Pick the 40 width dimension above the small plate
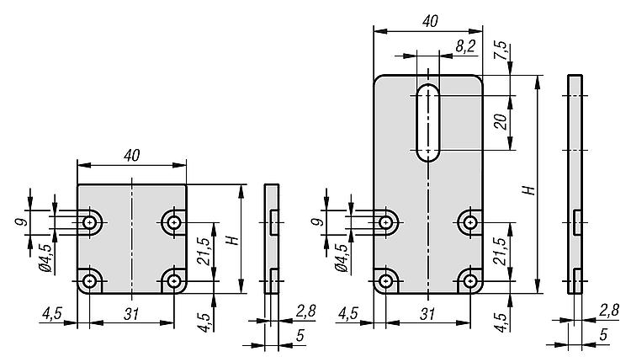[131, 154]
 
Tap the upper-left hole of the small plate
[89, 223]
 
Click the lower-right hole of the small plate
[173, 280]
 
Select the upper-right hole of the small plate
[173, 223]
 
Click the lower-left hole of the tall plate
[386, 280]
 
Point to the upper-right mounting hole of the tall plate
[469, 223]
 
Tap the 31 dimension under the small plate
[131, 313]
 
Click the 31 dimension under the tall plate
[428, 313]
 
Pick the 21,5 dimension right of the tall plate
[500, 251]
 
